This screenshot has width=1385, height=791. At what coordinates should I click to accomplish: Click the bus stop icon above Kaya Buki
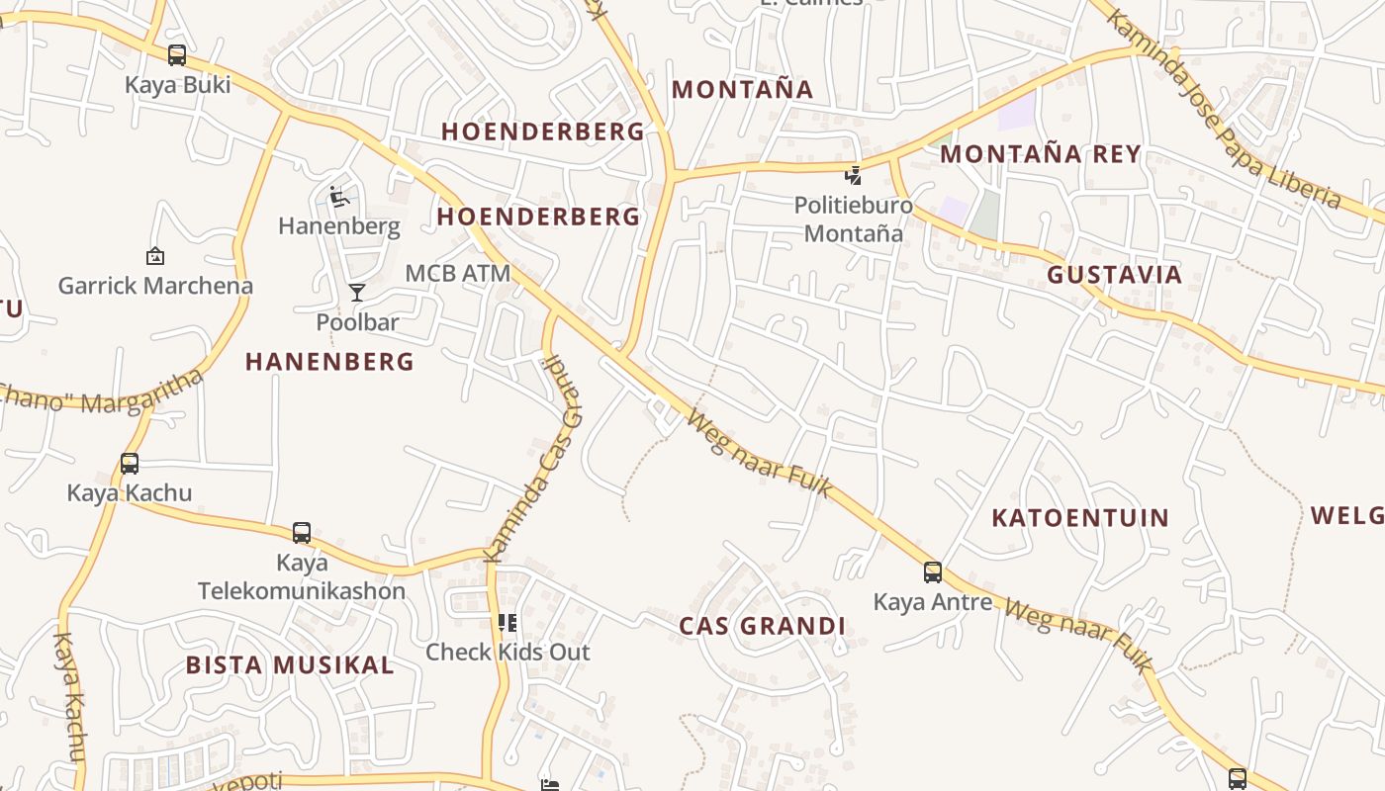[177, 55]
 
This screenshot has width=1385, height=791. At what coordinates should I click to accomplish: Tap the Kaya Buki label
[177, 85]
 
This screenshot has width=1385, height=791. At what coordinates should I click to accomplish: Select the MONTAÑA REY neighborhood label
[1041, 154]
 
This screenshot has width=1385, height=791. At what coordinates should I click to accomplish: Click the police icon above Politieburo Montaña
[853, 176]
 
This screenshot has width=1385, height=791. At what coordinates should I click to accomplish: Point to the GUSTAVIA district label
[1115, 275]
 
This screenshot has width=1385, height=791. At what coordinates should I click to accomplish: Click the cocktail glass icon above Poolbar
[357, 293]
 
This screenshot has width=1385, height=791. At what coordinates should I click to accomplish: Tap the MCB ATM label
[458, 273]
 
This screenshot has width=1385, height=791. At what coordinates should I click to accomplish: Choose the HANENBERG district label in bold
[329, 362]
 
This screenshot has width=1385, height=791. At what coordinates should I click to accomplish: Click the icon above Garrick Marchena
[154, 257]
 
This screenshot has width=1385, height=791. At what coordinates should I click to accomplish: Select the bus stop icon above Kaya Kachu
[130, 463]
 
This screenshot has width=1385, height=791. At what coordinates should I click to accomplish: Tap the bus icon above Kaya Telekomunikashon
[302, 533]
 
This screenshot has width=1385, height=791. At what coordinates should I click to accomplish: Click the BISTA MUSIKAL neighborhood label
[290, 665]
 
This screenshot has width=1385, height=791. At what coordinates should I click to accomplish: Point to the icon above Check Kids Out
[508, 623]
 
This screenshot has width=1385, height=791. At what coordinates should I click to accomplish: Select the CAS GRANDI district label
[762, 626]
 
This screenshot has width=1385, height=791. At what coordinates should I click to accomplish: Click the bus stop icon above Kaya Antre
[933, 571]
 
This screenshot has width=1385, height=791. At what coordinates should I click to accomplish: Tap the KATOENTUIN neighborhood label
[1080, 518]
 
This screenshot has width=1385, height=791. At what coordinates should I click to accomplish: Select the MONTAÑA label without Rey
[742, 90]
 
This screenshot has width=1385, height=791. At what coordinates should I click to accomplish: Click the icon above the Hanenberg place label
[339, 197]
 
